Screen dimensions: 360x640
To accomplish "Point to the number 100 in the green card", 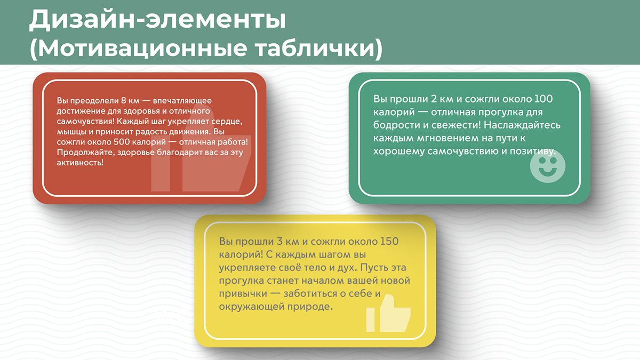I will pyautogui.click(x=543, y=99).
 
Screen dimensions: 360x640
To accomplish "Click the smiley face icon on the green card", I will pyautogui.click(x=547, y=167).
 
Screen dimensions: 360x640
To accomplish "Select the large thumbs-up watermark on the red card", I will pyautogui.click(x=200, y=155).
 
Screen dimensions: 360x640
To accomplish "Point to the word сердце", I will pyautogui.click(x=227, y=122).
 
